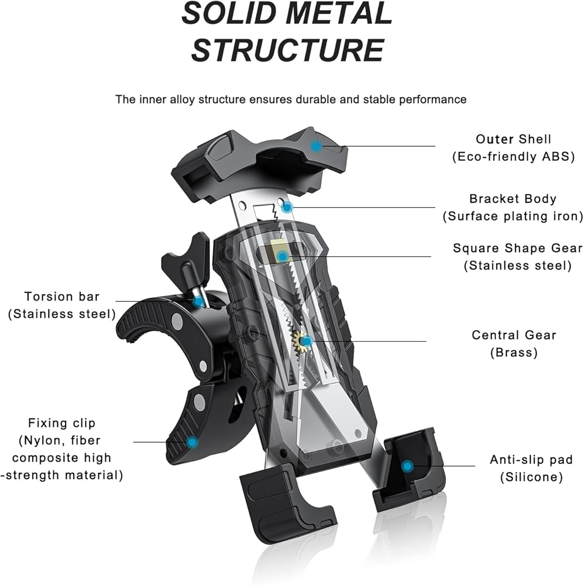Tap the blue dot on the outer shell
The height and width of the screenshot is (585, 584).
(x=316, y=146)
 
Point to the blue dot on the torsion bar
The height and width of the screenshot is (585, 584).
(x=199, y=301)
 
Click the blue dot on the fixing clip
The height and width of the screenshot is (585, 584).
(x=191, y=442)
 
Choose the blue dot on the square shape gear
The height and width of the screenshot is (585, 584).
(x=283, y=256)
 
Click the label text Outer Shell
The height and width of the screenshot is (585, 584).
(x=513, y=139)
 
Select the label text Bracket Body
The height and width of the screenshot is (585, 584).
(x=513, y=199)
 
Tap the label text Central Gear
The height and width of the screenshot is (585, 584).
(x=514, y=335)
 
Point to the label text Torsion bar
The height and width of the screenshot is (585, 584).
(x=62, y=297)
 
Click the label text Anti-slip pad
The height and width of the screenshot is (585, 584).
(x=531, y=460)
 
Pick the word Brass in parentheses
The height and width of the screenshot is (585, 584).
(x=514, y=352)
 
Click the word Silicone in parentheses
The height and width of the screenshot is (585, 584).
(x=531, y=477)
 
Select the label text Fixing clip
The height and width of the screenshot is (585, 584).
(x=61, y=423)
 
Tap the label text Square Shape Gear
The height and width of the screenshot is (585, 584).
(x=517, y=248)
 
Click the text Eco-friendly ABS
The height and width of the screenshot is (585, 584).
(x=513, y=156)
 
